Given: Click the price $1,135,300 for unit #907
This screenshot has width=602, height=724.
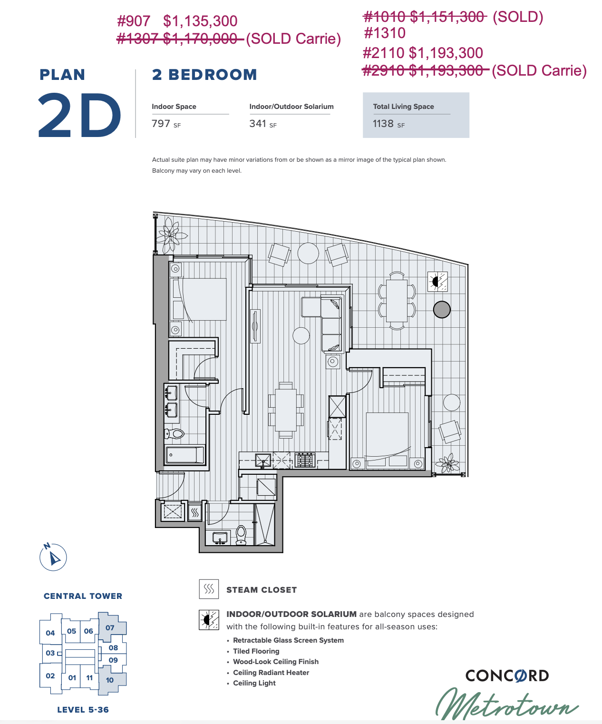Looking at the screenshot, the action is pyautogui.click(x=200, y=21).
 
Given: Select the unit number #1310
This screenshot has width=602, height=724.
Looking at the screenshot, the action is pyautogui.click(x=384, y=33).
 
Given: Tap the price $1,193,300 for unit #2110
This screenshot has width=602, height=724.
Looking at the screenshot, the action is pyautogui.click(x=446, y=53).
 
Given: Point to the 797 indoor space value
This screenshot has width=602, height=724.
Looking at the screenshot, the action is pyautogui.click(x=161, y=123).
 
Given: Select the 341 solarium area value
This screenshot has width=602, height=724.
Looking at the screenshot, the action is pyautogui.click(x=258, y=123).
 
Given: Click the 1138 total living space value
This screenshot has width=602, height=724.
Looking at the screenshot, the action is pyautogui.click(x=383, y=123).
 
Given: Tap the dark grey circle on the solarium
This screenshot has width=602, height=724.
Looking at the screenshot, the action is pyautogui.click(x=442, y=309).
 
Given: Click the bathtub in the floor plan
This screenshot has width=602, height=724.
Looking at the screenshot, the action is pyautogui.click(x=184, y=455).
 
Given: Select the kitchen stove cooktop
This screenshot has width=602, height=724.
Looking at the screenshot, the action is pyautogui.click(x=305, y=460).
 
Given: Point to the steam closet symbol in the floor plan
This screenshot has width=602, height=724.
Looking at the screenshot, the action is pyautogui.click(x=195, y=512).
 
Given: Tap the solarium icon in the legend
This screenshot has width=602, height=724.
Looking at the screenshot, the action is pyautogui.click(x=209, y=620).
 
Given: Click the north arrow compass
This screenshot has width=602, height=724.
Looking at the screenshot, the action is pyautogui.click(x=53, y=557).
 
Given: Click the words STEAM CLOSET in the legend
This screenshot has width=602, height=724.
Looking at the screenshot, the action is pyautogui.click(x=262, y=590).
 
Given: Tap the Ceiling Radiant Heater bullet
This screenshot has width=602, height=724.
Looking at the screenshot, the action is pyautogui.click(x=271, y=673).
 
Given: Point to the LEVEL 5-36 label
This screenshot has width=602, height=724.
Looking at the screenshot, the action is pyautogui.click(x=83, y=710).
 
